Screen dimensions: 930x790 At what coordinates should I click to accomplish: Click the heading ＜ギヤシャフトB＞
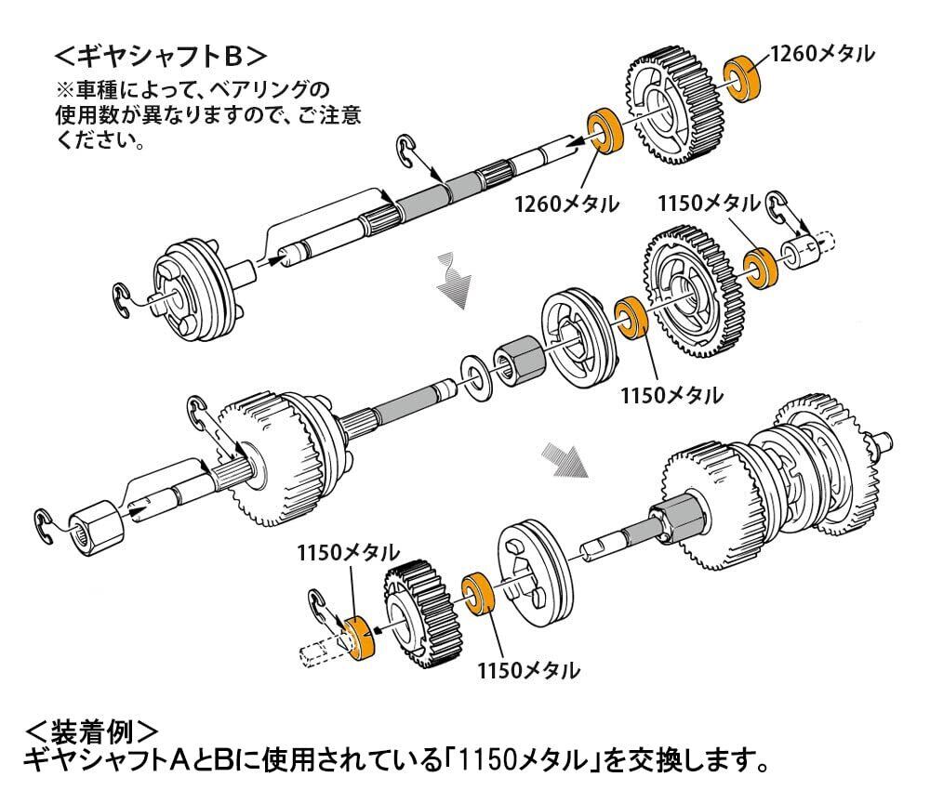click(x=160, y=57)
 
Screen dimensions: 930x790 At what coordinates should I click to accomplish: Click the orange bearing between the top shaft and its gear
click(x=604, y=130)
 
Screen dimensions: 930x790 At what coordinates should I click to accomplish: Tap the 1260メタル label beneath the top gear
click(x=566, y=204)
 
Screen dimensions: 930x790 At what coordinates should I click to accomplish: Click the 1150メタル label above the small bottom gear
click(x=348, y=553)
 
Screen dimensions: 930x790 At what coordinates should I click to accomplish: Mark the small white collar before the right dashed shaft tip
click(x=798, y=253)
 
